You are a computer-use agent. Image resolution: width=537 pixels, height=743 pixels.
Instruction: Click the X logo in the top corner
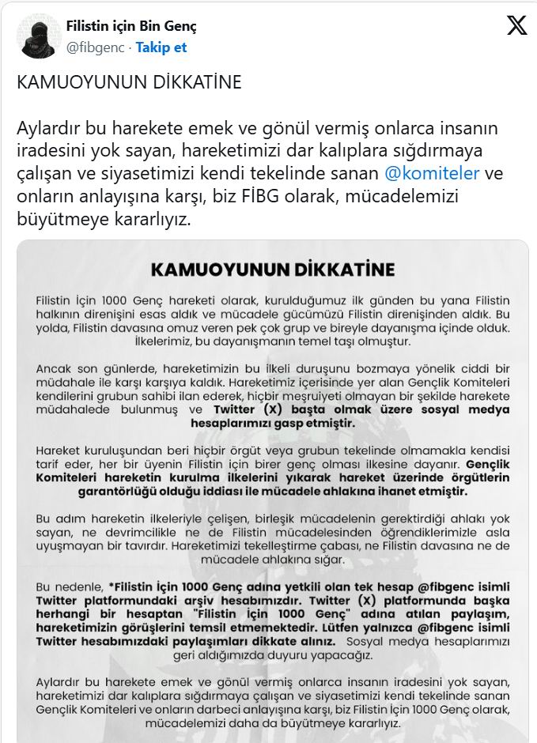pos(516,26)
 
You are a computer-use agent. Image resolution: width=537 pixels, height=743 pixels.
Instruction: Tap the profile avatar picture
pos(37,36)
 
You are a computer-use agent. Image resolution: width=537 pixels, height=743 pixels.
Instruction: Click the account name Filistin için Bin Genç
pos(131,26)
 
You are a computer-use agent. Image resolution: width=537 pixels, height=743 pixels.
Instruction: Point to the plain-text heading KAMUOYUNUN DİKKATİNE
pos(129,82)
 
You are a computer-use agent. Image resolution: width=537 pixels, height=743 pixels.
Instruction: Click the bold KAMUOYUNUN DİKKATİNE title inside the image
pos(272,270)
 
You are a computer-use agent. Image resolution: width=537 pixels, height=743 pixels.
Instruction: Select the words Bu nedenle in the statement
pos(70,587)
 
